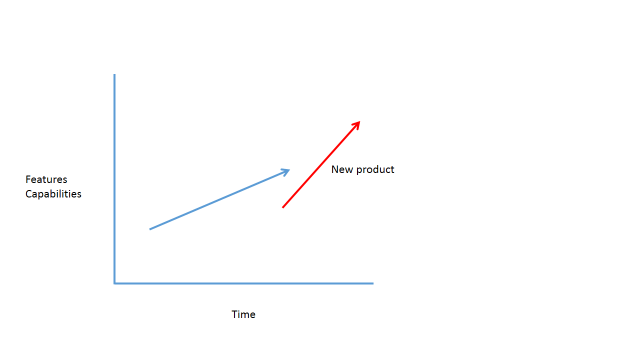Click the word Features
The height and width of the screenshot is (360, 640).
tap(46, 179)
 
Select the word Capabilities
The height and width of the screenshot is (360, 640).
tap(53, 194)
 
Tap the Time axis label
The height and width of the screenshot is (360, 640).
tap(243, 314)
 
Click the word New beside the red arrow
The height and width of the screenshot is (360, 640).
tap(342, 169)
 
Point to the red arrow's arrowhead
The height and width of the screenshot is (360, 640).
tap(356, 125)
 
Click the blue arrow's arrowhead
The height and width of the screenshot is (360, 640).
tap(286, 172)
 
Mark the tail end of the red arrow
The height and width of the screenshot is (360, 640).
tap(283, 207)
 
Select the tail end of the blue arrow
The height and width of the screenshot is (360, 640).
tap(150, 229)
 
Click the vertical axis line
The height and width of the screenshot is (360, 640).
tap(115, 178)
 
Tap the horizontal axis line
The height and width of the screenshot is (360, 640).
tap(244, 283)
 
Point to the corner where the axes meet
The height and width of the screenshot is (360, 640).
tap(115, 283)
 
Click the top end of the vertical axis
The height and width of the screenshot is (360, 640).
tap(115, 74)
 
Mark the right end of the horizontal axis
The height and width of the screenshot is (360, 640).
tap(373, 283)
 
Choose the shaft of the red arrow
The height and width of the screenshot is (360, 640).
tap(321, 164)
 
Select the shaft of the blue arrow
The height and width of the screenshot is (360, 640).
tap(220, 199)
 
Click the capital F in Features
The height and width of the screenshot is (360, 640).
tap(28, 179)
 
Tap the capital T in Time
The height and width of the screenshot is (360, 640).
tap(235, 314)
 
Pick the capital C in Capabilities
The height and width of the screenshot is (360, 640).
tap(28, 194)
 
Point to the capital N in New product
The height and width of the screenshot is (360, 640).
tap(335, 169)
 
